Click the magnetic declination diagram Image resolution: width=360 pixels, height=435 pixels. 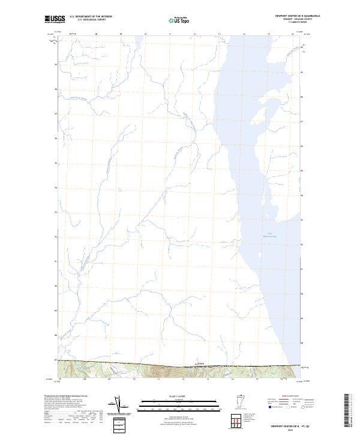(x=126, y=407)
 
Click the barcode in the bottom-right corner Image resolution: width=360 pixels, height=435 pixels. (x=347, y=411)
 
